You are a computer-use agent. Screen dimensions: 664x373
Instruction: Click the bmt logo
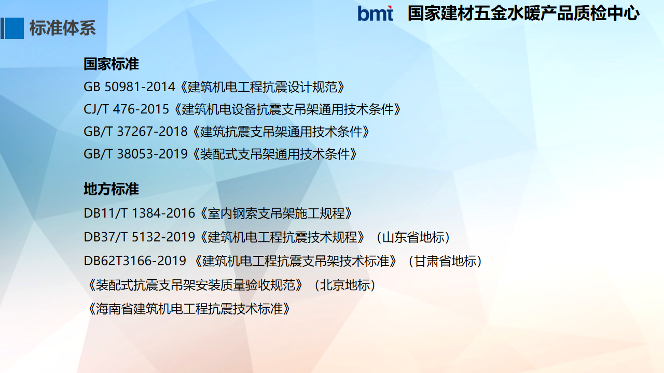tap(375, 13)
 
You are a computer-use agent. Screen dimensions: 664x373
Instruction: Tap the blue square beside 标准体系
tap(14, 28)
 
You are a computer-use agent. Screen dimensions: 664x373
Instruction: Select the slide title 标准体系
tap(63, 28)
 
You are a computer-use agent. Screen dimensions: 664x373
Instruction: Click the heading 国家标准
tap(111, 64)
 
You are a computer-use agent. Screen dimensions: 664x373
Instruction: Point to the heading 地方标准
tap(111, 189)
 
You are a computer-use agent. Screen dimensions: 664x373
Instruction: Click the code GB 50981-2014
tap(130, 87)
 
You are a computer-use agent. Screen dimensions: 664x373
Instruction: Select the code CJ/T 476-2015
tap(126, 109)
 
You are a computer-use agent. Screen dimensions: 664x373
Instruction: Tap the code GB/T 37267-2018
tap(136, 132)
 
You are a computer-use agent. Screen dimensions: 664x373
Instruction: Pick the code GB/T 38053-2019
tap(136, 154)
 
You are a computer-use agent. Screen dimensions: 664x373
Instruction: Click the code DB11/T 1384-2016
tap(140, 213)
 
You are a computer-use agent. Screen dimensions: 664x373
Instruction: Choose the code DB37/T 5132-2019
tap(140, 237)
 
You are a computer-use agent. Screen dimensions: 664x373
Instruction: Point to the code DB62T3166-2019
tap(135, 261)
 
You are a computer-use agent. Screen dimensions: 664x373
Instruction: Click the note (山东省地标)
tap(413, 237)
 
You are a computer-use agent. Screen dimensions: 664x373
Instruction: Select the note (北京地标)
tap(345, 285)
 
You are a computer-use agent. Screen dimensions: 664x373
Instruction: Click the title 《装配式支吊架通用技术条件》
tap(274, 154)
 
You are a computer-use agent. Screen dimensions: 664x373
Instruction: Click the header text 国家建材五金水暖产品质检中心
tap(523, 13)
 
